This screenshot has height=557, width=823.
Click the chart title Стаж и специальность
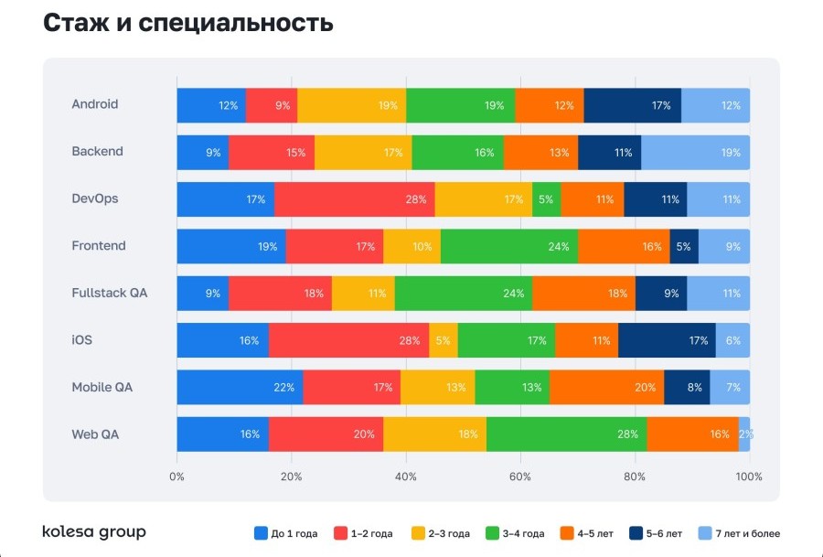tap(187, 24)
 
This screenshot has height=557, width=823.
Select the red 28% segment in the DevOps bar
tap(354, 199)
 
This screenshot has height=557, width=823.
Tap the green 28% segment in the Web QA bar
tap(566, 434)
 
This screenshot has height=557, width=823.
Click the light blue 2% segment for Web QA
tap(744, 434)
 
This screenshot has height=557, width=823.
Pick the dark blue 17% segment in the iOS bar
tap(667, 340)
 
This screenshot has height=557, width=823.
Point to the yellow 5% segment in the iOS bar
tap(443, 340)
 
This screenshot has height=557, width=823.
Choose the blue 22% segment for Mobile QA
tap(240, 388)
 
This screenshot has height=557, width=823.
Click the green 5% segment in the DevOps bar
tap(546, 199)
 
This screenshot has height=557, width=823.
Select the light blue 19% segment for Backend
tap(695, 153)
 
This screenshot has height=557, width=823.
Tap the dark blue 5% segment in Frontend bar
tap(684, 247)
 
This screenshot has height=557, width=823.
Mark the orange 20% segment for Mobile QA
tap(606, 388)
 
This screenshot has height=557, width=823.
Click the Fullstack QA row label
tap(109, 294)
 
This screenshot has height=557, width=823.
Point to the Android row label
tap(95, 104)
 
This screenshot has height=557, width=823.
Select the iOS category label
tap(82, 340)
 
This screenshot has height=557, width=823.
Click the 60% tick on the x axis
tap(520, 477)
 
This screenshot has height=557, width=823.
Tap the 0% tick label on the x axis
tap(177, 477)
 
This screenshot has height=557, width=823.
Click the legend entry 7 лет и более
tap(740, 533)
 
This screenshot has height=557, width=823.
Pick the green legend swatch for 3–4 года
tap(493, 533)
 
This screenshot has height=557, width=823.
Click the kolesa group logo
tap(94, 532)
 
